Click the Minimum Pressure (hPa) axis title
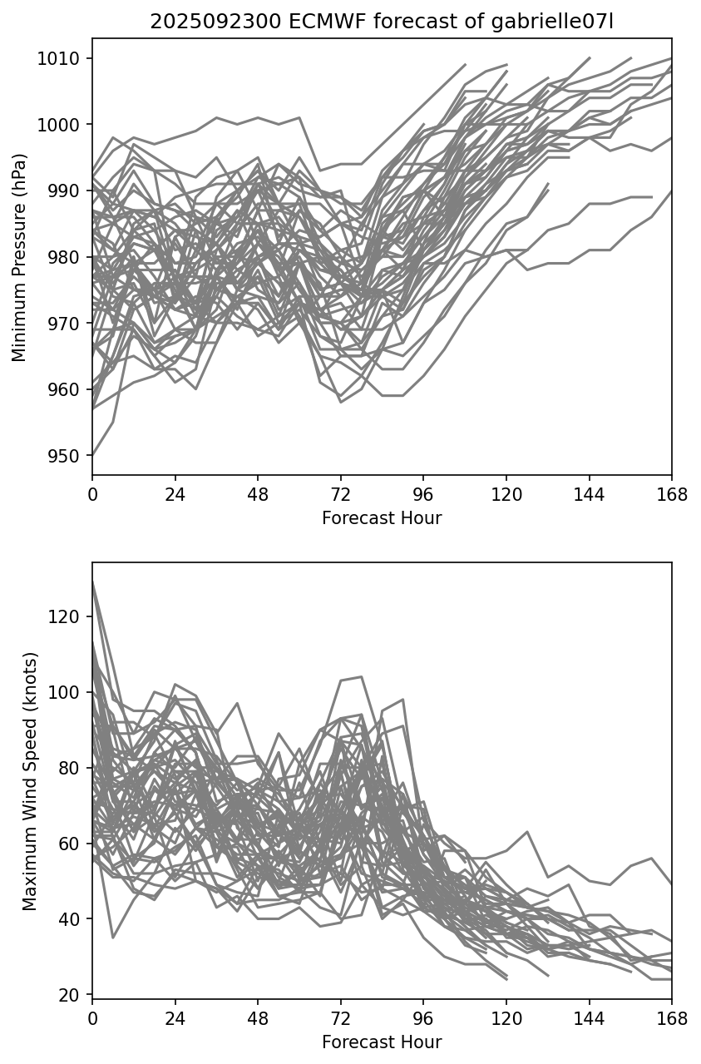(x=20, y=257)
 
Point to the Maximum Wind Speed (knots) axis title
(x=30, y=781)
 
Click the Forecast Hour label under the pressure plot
(x=382, y=518)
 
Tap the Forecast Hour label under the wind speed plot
(x=382, y=1042)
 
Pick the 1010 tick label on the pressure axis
(x=63, y=58)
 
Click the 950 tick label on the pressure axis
(x=68, y=456)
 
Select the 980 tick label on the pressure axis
(x=68, y=257)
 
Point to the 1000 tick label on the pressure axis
(x=63, y=125)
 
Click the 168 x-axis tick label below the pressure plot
(x=672, y=495)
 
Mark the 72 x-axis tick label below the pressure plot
(x=341, y=495)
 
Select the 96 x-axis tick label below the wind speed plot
(x=423, y=1019)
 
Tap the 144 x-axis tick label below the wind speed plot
(x=589, y=1019)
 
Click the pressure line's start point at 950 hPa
(x=93, y=456)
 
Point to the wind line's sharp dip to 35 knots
(x=113, y=938)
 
